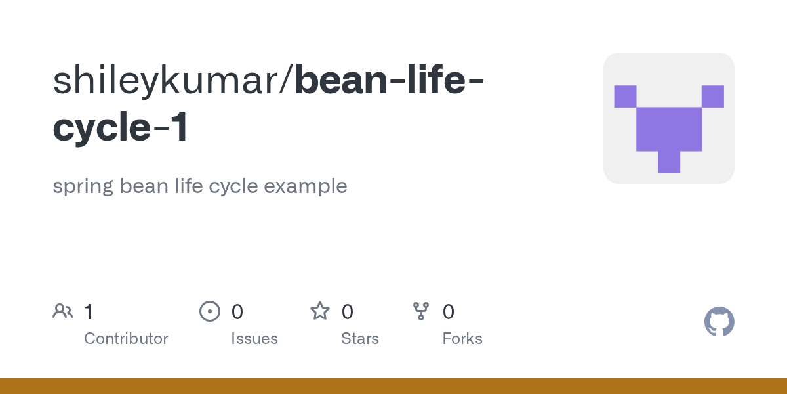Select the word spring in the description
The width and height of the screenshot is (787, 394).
(83, 186)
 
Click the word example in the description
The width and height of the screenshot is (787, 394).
(305, 186)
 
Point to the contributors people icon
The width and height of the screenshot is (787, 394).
(63, 311)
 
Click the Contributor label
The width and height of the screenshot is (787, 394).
(126, 339)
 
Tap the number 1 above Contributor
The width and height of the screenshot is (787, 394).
(89, 312)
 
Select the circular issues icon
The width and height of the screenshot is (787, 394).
(209, 311)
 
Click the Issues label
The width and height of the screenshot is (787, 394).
(254, 339)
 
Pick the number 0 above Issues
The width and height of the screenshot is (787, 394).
(237, 312)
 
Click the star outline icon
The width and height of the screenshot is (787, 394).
(320, 311)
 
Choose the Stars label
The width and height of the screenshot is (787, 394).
(360, 339)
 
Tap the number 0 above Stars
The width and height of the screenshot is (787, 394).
(348, 312)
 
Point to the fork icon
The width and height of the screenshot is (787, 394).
(420, 311)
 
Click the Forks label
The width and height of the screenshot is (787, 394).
(462, 339)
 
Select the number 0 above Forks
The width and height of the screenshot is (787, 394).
(449, 312)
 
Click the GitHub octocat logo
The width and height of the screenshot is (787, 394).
(719, 322)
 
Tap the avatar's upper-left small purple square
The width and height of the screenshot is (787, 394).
(625, 96)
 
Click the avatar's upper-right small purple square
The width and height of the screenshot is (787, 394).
(713, 96)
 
